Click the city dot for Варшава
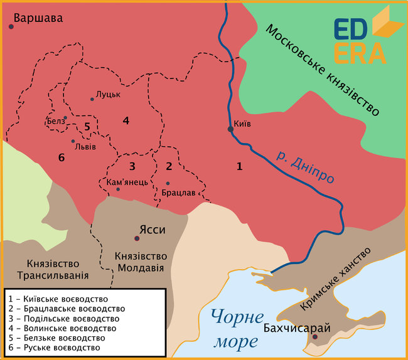coord(11,26)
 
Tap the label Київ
coord(242,124)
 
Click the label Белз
coord(55,120)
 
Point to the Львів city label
coord(85,148)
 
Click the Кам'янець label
coord(123,182)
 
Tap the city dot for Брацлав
coord(168,183)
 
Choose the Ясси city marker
coord(136,238)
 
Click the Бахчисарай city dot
coord(314,337)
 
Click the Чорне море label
coord(235,329)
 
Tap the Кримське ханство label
coord(338,278)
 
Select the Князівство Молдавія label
coord(141,262)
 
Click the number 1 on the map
coord(239,166)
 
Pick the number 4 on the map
coord(126,120)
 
